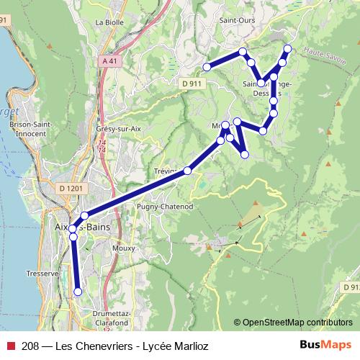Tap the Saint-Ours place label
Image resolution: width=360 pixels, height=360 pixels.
[238, 20]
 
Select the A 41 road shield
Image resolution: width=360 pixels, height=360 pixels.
[109, 62]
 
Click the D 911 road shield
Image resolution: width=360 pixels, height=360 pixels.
[191, 84]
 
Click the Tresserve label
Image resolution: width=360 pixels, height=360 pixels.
[42, 274]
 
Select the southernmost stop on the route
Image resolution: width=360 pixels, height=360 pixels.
[78, 292]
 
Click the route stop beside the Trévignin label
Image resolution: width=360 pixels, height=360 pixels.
[188, 171]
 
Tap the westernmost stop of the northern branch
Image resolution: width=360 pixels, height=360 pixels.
[206, 67]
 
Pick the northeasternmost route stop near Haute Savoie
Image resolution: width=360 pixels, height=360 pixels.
[287, 49]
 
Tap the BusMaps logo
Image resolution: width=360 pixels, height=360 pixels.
[326, 345]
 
